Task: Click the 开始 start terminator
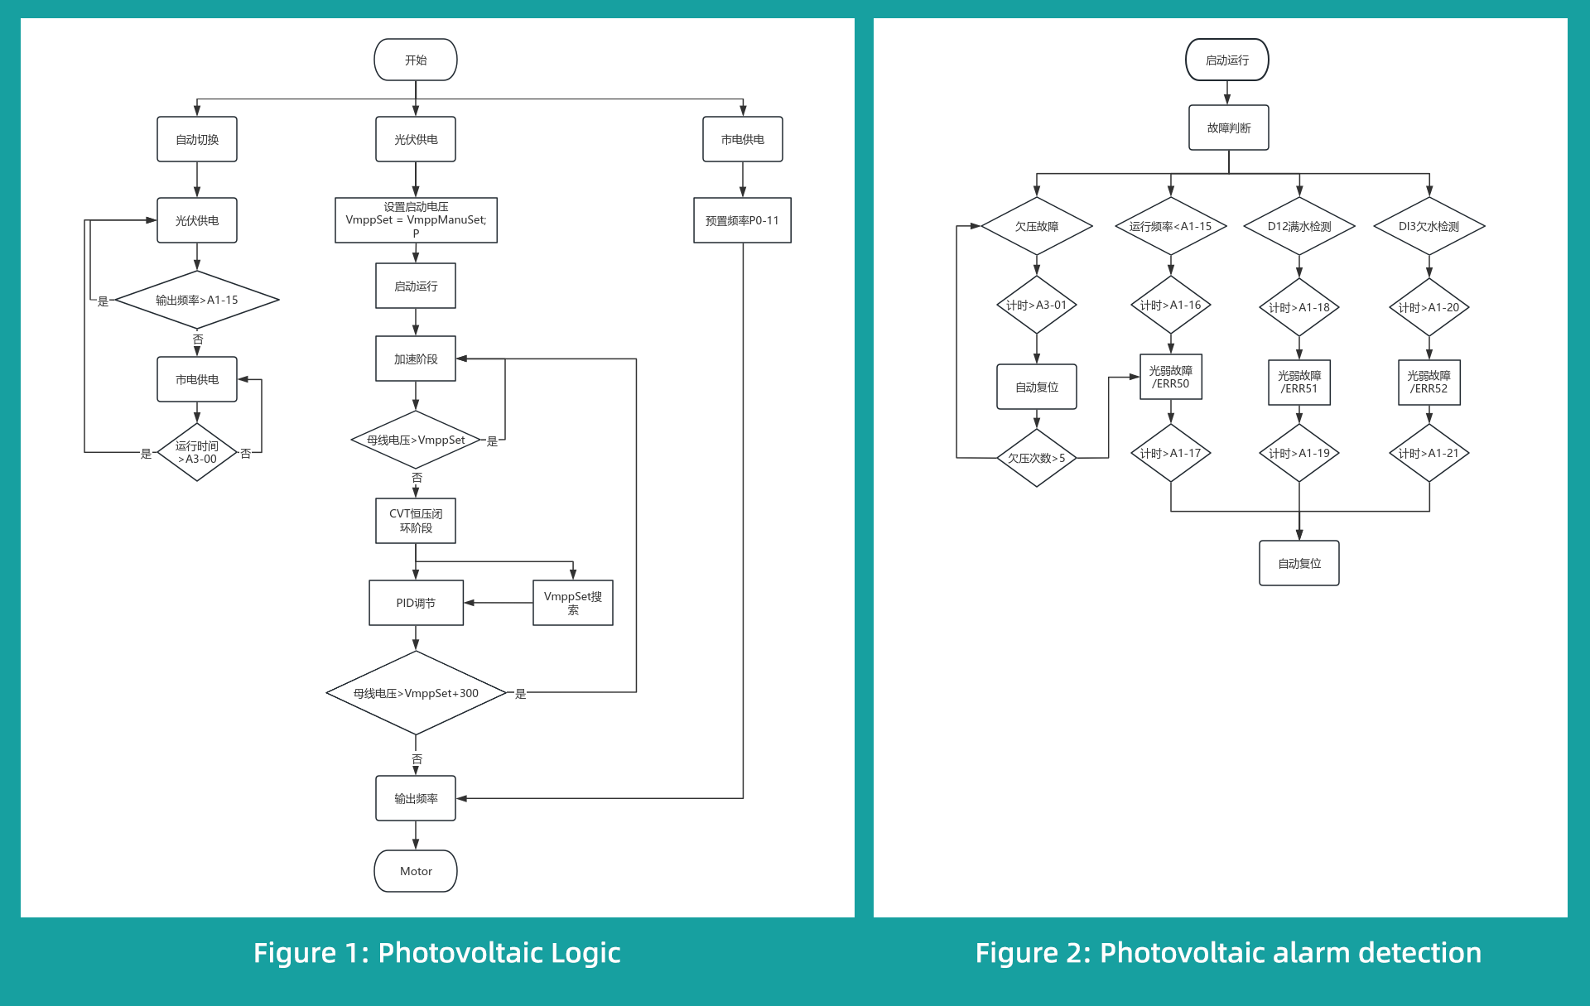[x=415, y=60]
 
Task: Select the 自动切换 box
[x=197, y=139]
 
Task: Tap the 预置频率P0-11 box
[x=742, y=220]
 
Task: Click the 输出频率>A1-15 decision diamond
[x=197, y=300]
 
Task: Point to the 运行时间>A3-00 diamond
[x=197, y=452]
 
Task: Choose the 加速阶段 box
[x=415, y=359]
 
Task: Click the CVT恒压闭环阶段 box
[x=415, y=521]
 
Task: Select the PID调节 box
[x=415, y=603]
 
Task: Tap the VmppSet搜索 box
[x=572, y=603]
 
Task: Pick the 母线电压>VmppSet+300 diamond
[x=415, y=693]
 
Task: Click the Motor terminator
[x=415, y=871]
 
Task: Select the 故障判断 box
[x=1228, y=128]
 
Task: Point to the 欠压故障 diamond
[x=1036, y=226]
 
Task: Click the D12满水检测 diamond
[x=1298, y=226]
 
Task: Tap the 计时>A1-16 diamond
[x=1170, y=305]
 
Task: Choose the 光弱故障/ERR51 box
[x=1298, y=382]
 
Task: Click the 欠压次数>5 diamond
[x=1036, y=458]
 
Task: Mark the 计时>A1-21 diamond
[x=1429, y=453]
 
